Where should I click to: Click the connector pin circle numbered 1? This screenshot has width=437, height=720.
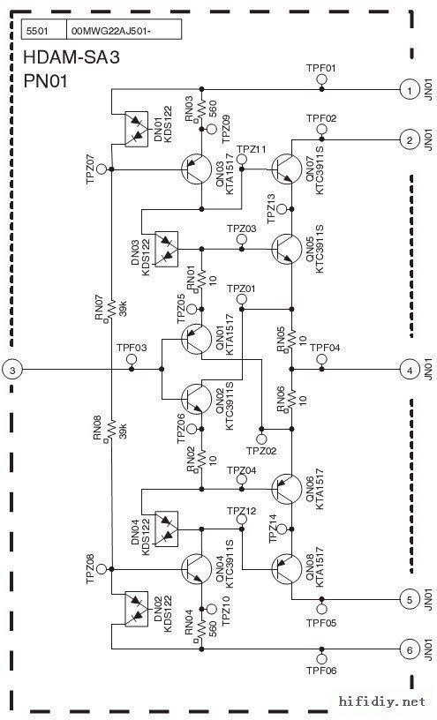[409, 90]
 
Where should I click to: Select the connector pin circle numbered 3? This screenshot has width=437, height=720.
[12, 370]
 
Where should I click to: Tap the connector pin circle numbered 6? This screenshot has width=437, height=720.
[409, 649]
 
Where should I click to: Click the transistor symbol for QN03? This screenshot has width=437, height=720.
[197, 169]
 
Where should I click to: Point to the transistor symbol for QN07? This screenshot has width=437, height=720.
[287, 169]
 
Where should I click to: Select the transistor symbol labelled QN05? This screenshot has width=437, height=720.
[287, 250]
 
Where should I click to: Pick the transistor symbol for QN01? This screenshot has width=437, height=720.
[197, 339]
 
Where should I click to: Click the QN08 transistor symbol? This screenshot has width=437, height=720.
[287, 569]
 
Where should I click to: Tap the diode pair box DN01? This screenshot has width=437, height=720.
[137, 130]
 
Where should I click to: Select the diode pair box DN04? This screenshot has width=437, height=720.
[166, 529]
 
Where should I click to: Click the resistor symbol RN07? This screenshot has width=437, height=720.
[111, 310]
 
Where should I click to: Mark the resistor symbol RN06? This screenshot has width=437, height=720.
[291, 399]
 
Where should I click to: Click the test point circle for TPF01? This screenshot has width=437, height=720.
[321, 79]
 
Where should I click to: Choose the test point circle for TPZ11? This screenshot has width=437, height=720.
[242, 160]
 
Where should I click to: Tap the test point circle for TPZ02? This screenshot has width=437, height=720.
[261, 439]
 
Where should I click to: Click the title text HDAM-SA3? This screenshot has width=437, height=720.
[72, 58]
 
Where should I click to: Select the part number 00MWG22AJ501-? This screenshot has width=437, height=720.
[110, 32]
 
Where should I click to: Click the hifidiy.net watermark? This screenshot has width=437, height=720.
[382, 701]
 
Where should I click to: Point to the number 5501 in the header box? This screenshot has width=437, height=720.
[37, 32]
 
